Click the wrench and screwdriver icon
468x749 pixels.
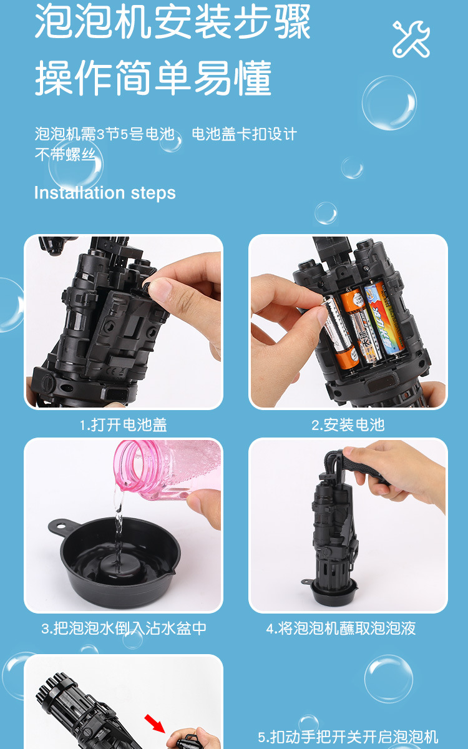point(411,39)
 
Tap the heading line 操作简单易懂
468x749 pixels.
point(153,79)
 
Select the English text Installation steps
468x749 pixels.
point(105,193)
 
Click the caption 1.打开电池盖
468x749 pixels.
point(124,425)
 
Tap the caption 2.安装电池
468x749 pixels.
point(348,425)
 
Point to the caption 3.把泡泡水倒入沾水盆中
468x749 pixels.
point(124,628)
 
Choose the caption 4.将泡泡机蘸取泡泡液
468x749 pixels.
point(341,628)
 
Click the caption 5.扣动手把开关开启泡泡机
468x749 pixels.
point(348,737)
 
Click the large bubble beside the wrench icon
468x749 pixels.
point(389,103)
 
